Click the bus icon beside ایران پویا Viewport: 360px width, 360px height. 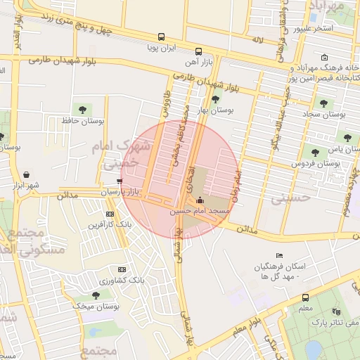(x=162, y=37)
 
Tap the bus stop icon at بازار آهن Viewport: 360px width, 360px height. (x=198, y=51)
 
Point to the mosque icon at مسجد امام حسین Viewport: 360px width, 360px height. (x=199, y=200)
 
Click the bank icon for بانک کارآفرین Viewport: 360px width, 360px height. (x=109, y=214)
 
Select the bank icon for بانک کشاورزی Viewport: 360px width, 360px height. (x=122, y=269)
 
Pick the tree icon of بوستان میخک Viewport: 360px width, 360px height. (x=96, y=295)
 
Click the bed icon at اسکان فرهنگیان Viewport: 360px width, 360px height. (x=280, y=255)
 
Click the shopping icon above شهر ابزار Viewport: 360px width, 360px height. (x=26, y=174)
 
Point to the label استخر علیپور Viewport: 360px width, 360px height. (x=313, y=29)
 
